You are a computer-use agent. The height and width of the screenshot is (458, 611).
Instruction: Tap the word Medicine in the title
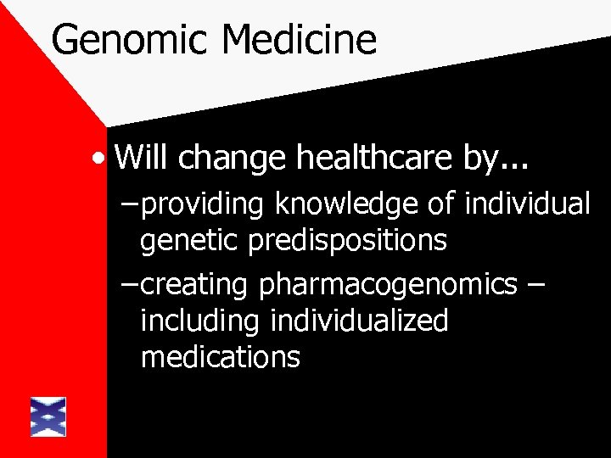point(301,40)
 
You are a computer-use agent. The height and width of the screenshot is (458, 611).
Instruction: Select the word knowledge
point(335,206)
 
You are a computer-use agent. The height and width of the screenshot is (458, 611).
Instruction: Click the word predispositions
point(348,242)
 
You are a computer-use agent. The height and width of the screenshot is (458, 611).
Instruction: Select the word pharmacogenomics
point(388,286)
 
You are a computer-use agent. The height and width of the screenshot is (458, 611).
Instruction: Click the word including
point(201,321)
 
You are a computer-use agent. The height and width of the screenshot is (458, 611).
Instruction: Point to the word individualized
point(359,321)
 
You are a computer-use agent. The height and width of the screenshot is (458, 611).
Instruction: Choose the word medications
point(221,356)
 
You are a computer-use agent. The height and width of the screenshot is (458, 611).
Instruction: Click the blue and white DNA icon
point(48,416)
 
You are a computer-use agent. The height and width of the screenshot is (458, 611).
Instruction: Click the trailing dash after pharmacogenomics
point(536,286)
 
